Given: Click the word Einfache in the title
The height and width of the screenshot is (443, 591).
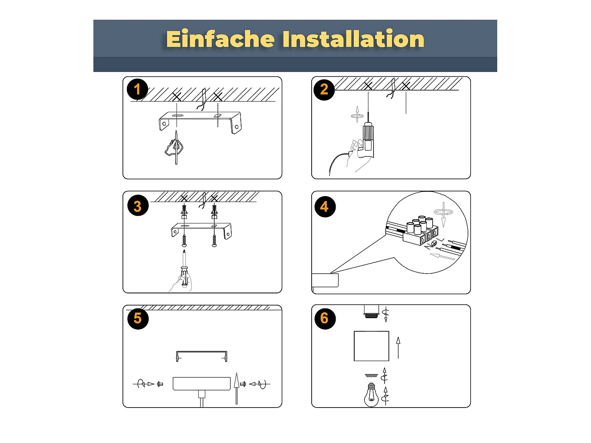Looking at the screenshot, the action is pyautogui.click(x=220, y=39).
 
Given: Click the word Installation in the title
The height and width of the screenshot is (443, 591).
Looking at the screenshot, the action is pyautogui.click(x=353, y=39).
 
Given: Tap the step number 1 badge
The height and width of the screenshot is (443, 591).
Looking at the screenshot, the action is pyautogui.click(x=138, y=89).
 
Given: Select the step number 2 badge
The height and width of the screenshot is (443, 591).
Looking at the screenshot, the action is pyautogui.click(x=324, y=89).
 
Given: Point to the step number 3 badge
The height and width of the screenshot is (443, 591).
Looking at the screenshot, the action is pyautogui.click(x=138, y=206).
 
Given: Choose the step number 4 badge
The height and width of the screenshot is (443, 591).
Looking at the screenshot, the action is pyautogui.click(x=325, y=207).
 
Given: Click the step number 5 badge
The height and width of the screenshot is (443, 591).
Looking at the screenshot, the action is pyautogui.click(x=138, y=319).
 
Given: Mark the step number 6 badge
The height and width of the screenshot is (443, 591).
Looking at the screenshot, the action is pyautogui.click(x=325, y=319).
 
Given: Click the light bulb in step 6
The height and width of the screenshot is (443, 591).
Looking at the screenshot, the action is pyautogui.click(x=371, y=395).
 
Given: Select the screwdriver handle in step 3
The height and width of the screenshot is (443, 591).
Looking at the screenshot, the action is pyautogui.click(x=184, y=276).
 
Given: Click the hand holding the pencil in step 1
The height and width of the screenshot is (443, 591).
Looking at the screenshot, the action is pyautogui.click(x=174, y=149).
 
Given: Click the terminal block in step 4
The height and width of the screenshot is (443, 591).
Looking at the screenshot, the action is pyautogui.click(x=420, y=231).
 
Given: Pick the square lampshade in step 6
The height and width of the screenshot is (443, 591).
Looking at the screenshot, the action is pyautogui.click(x=371, y=346).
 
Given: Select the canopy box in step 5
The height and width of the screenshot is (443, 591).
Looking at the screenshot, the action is pyautogui.click(x=202, y=384).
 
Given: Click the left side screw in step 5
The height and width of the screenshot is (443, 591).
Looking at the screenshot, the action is pyautogui.click(x=160, y=384).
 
